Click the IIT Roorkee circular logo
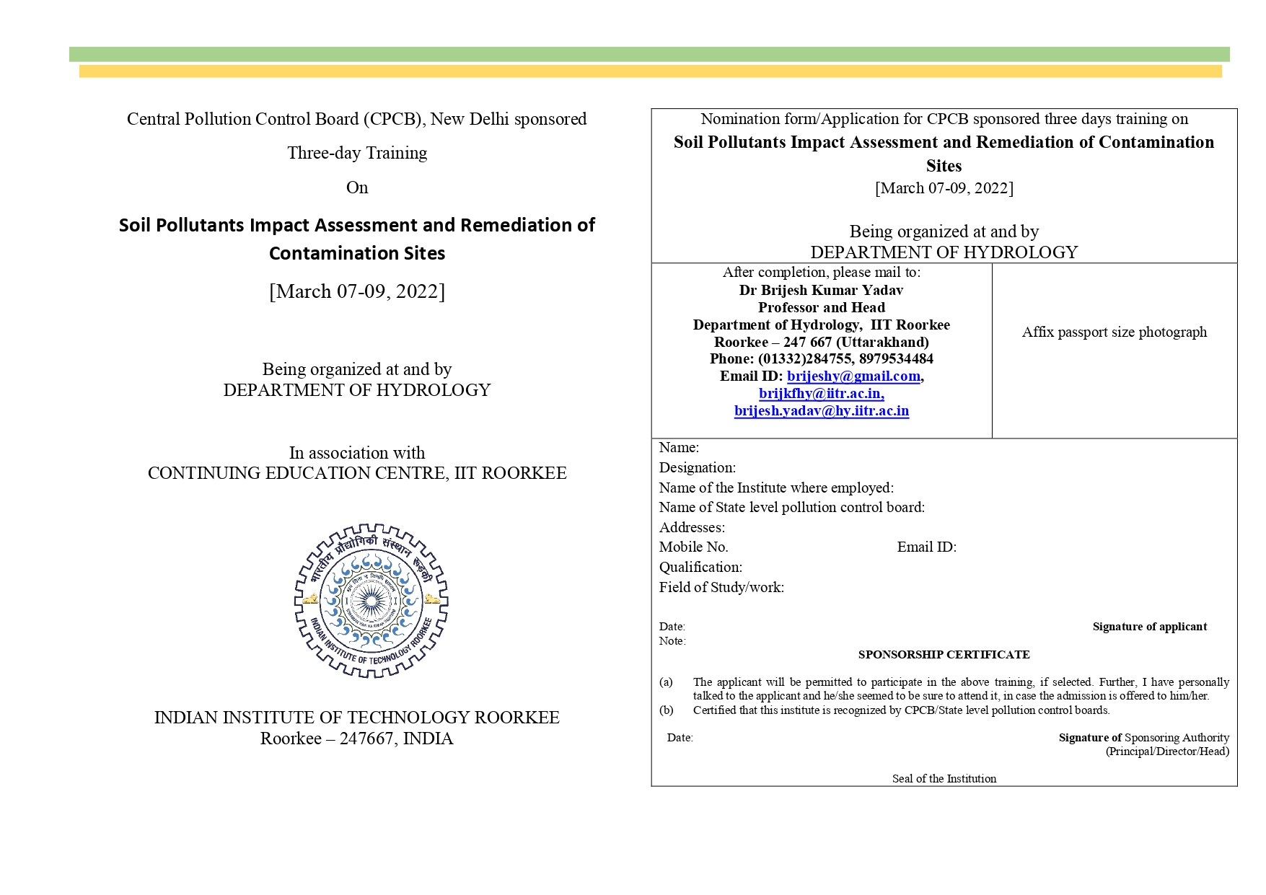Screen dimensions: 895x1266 pos(371,601)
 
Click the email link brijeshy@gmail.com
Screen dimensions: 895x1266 pos(853,376)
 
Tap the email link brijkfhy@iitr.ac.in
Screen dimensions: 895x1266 pos(821,393)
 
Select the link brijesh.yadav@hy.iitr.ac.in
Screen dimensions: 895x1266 pos(821,410)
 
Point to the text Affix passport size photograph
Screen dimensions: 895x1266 pos(1114,332)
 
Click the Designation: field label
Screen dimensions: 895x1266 pos(697,467)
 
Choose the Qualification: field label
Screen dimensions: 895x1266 pos(700,567)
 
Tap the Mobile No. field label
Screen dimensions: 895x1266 pos(693,547)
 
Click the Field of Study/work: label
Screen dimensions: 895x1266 pos(721,587)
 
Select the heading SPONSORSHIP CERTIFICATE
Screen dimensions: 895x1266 pos(944,655)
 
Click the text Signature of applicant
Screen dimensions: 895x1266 pos(1149,627)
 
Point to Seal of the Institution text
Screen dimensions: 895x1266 pos(944,779)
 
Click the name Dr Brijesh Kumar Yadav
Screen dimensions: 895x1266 pos(821,290)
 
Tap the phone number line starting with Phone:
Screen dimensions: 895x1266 pos(821,358)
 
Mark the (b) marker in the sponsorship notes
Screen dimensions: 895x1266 pos(666,710)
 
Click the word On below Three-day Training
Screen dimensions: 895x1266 pos(357,188)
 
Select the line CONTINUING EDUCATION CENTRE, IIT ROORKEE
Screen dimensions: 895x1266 pos(357,473)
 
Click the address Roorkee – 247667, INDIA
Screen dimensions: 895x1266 pos(357,739)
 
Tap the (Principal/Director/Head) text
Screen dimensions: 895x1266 pos(1167,751)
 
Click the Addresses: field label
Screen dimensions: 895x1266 pos(692,527)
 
